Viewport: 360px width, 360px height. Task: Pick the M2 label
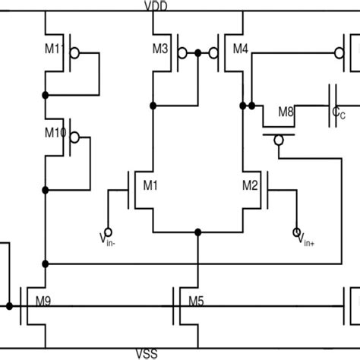(x=251, y=185)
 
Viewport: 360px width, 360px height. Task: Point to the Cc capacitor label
(x=339, y=114)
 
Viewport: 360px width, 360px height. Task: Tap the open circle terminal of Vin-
(x=107, y=231)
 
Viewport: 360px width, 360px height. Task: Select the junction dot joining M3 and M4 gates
(x=198, y=53)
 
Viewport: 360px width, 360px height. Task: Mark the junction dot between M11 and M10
(x=46, y=95)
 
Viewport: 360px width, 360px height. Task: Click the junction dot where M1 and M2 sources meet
(x=198, y=231)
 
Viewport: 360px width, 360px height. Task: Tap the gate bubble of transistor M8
(x=278, y=138)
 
